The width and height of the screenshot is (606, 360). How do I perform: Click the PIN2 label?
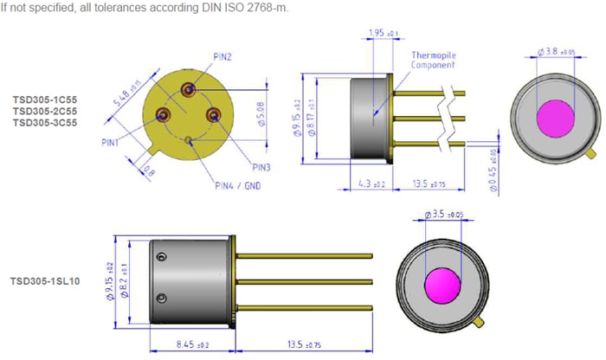pos(223,56)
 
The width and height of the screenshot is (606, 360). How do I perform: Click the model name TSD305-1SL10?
pos(45,281)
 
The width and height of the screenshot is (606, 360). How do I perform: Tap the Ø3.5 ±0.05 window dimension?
pos(449,214)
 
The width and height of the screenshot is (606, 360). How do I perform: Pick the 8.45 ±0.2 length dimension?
pos(184,345)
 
